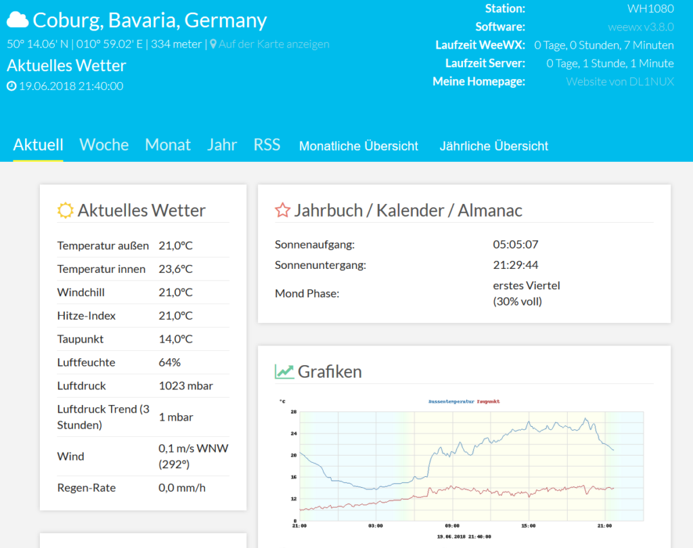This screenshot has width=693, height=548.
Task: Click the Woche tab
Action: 104,145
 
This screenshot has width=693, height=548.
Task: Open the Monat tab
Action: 168,145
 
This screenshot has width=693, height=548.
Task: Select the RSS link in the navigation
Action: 267,145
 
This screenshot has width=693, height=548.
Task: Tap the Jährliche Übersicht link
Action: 494,146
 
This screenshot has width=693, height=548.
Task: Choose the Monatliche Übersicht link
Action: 359,146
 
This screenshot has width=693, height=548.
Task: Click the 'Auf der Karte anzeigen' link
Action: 273,44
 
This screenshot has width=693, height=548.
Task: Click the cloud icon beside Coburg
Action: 18,20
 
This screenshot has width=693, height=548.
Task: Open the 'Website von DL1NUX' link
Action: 620,82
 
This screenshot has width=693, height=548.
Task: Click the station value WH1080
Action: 650,9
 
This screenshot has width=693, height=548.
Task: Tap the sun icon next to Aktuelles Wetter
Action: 65,211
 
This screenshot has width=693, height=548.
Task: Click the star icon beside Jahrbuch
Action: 282,211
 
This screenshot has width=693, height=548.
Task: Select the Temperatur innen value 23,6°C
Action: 176,269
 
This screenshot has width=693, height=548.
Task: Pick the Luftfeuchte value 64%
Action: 170,362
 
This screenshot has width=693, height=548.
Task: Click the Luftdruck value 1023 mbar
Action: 186,386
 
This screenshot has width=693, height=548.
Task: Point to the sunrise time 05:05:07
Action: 516,245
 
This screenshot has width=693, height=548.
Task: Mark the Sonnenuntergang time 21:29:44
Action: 516,265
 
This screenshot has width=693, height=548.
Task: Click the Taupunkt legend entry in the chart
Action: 488,402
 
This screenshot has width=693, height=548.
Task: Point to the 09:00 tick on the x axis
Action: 451,526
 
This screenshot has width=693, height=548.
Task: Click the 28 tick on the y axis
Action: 294,412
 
